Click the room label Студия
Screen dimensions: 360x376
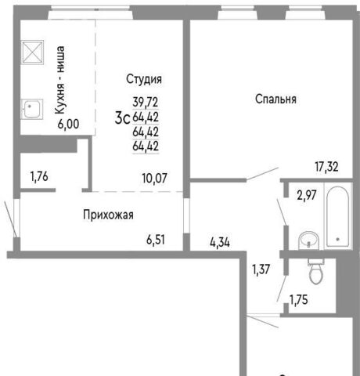144,80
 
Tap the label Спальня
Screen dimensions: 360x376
275,99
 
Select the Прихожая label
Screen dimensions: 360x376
108,215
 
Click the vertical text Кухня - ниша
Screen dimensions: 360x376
60,80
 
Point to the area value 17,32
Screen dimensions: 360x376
326,167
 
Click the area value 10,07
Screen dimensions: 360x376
154,179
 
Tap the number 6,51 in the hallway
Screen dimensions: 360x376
156,240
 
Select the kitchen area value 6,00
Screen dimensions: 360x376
68,124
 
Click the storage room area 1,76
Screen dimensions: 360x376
39,176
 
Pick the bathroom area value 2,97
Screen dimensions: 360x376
307,195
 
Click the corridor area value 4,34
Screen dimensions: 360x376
220,243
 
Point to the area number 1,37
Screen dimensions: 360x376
261,269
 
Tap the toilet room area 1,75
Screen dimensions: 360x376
299,300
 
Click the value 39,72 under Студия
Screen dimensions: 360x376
146,102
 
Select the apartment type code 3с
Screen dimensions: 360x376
122,118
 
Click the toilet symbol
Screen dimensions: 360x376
317,272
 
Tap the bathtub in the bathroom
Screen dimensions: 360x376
337,216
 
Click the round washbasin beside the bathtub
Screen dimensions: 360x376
309,240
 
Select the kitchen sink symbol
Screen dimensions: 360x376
32,109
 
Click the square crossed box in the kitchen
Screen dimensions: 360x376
32,52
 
